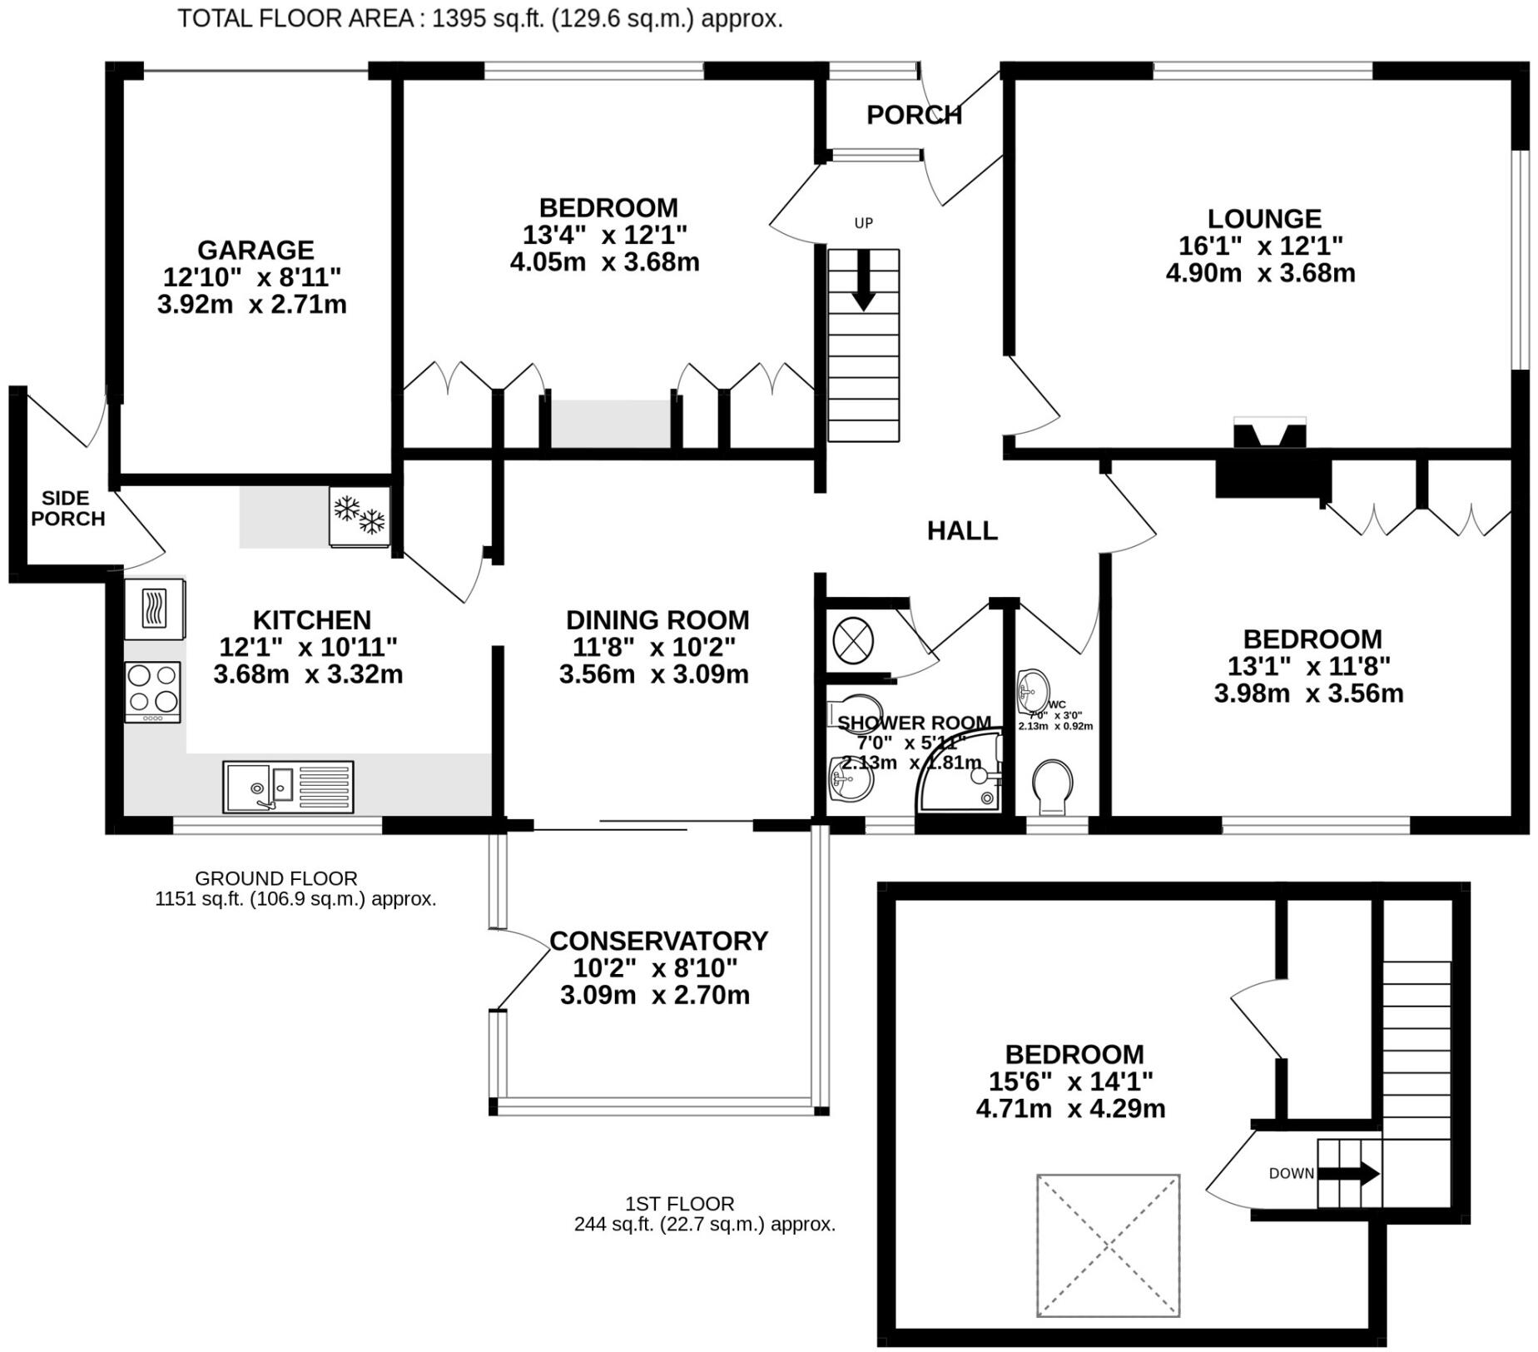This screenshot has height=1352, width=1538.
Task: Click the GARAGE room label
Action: [256, 250]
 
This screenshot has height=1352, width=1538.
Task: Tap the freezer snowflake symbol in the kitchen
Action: [360, 516]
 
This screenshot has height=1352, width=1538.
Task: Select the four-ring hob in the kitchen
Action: [152, 691]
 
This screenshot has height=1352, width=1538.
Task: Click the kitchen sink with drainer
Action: [288, 786]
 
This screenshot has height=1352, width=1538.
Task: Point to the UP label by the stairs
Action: [863, 223]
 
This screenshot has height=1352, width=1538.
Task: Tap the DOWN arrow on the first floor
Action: [1348, 1174]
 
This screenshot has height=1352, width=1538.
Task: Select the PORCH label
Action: [914, 115]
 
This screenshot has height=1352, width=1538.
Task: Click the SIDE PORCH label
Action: [67, 508]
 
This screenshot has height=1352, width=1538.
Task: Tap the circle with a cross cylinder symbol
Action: [853, 642]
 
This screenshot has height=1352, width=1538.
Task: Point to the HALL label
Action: [962, 530]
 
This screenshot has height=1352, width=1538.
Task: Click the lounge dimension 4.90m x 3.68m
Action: [1260, 273]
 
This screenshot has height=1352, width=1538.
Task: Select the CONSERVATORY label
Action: [657, 941]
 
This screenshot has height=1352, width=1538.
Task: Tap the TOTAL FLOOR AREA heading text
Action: [479, 18]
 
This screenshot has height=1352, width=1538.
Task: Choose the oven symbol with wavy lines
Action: [155, 608]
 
